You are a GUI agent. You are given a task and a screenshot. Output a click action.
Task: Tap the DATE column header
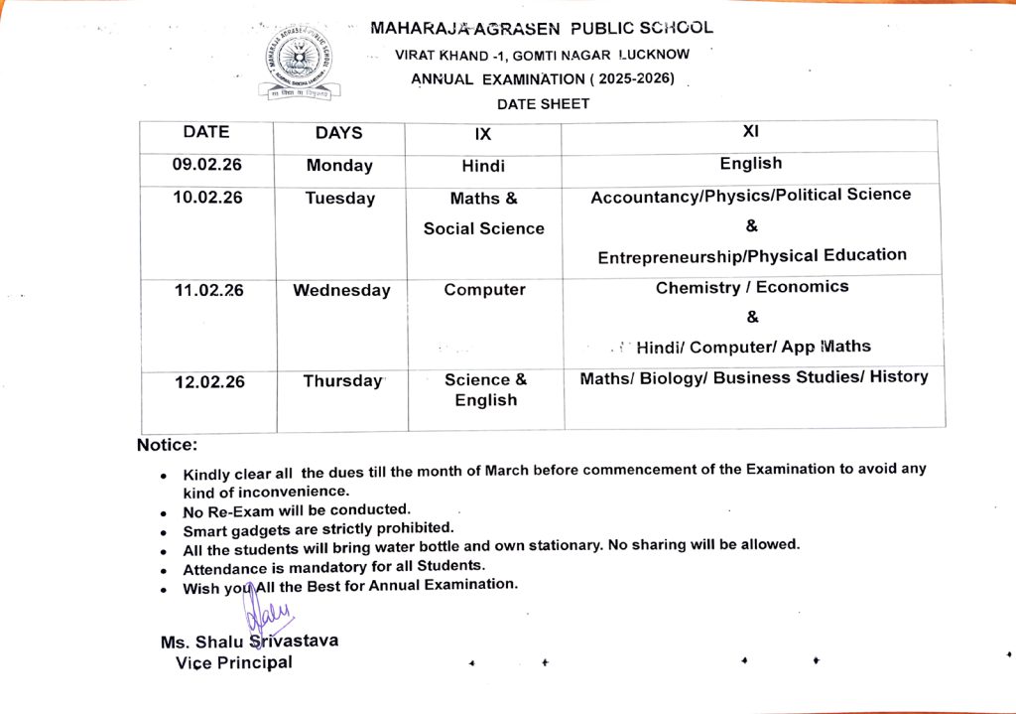206,132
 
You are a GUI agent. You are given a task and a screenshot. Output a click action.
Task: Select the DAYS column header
338,133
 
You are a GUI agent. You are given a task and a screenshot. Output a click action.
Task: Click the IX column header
483,134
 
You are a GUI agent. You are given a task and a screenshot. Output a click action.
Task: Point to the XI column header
750,131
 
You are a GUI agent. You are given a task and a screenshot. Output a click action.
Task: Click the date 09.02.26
207,165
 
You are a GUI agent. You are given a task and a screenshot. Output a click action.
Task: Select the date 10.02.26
207,197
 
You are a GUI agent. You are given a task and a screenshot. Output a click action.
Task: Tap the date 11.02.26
208,290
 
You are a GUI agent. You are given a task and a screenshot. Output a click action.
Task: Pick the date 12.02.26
209,382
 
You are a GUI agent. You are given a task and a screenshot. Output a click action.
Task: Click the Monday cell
339,166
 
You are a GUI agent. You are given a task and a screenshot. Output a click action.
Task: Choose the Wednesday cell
341,291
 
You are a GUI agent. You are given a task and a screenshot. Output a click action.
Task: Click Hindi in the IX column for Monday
483,166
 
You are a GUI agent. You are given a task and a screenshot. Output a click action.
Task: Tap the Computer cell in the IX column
484,290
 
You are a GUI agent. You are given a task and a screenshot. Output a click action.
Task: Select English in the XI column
751,163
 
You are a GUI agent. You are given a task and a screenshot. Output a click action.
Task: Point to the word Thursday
342,381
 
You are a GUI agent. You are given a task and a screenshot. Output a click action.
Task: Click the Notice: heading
167,445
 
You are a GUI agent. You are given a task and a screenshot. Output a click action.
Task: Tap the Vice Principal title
234,662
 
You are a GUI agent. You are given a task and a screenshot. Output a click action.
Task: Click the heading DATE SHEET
543,103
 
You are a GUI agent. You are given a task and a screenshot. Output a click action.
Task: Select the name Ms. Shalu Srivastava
249,642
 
